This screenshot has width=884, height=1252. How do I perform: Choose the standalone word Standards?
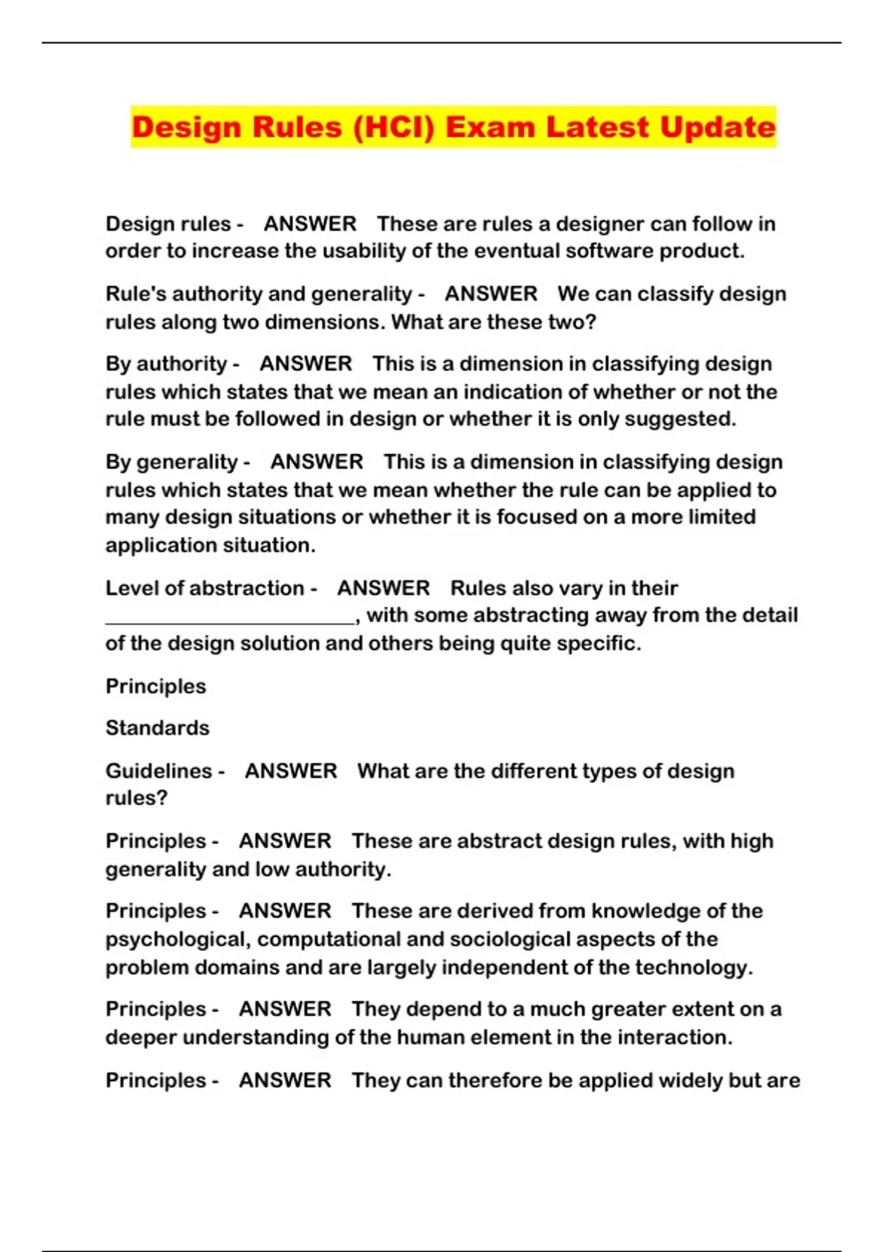pyautogui.click(x=158, y=728)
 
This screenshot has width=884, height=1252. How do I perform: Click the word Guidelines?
pyautogui.click(x=159, y=771)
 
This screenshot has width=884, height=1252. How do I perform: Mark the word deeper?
pyautogui.click(x=141, y=1038)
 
